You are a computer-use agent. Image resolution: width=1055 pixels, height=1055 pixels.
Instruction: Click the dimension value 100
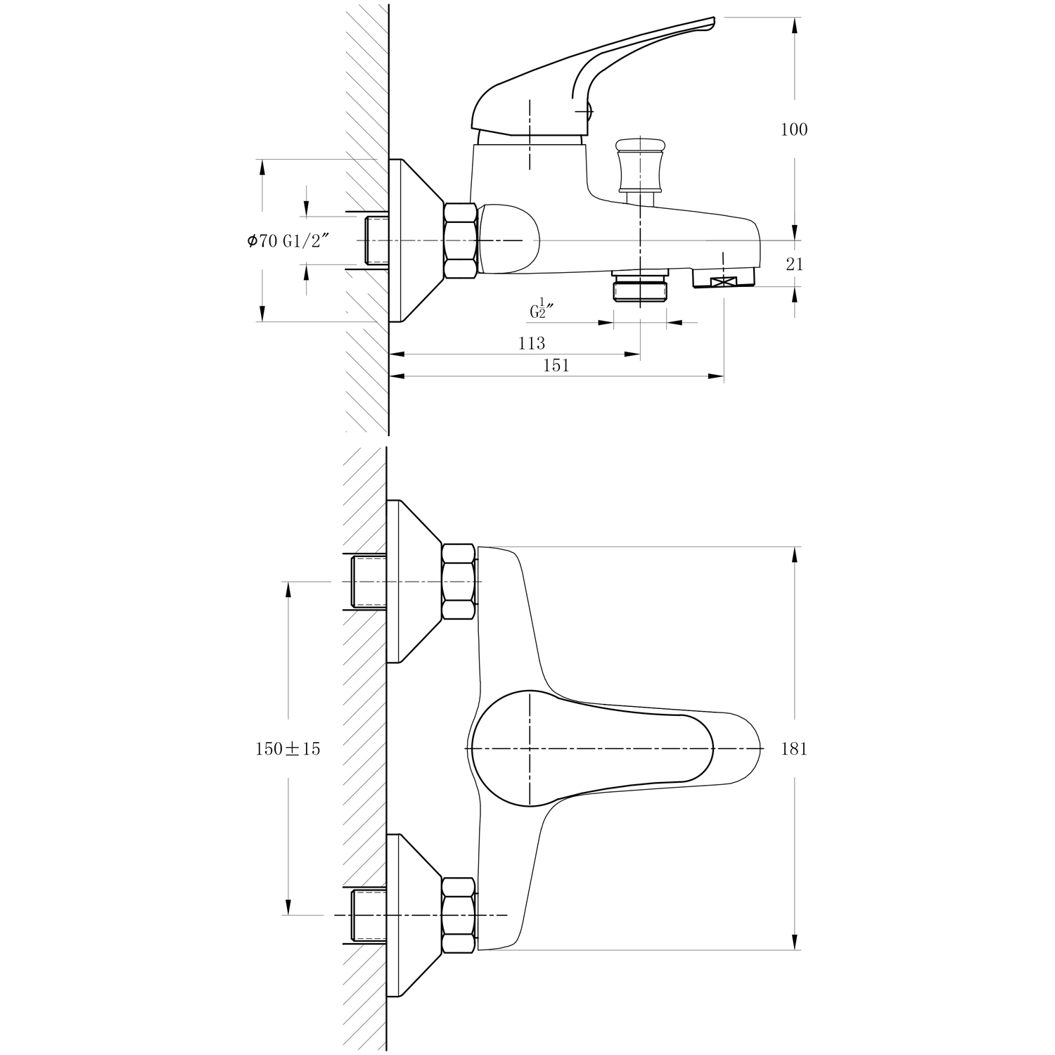[794, 129]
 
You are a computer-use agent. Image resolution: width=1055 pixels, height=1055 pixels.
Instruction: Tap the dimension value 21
[795, 264]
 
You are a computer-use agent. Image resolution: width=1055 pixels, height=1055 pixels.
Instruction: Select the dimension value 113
[532, 343]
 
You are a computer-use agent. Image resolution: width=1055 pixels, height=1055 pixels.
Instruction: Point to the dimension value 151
[556, 365]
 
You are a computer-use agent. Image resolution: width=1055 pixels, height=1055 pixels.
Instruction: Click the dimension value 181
[794, 749]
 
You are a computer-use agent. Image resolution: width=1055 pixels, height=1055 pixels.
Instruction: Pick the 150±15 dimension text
[288, 749]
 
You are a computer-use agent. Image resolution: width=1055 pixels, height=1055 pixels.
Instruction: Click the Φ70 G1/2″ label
[288, 241]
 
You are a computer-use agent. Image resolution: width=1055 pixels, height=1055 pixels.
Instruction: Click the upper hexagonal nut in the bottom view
[459, 582]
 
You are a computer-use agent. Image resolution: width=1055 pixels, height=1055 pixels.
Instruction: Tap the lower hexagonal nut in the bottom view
[459, 915]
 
